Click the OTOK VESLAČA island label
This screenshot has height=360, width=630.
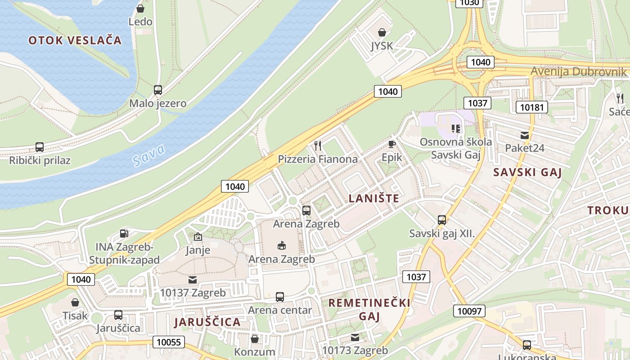pos(75,40)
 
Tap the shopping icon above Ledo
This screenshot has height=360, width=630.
pos(140,9)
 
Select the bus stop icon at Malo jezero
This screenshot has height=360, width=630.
pos(157,90)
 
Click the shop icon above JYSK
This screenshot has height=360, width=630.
pos(382,32)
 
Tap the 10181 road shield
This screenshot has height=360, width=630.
pos(531,107)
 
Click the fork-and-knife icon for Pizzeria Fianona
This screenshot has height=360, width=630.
pos(318,145)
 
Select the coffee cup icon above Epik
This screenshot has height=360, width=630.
pos(391,144)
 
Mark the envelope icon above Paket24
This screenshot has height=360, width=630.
pos(524,135)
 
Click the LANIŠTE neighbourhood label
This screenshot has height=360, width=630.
pos(374,198)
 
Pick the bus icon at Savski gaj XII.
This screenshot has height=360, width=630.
pos(442,220)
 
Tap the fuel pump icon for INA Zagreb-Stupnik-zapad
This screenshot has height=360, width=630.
pos(124,234)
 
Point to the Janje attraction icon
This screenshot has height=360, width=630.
pos(198,237)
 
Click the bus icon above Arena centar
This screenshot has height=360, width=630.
pos(280,297)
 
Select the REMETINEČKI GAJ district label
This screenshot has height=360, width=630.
pos(369,309)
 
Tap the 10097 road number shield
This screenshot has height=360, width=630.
pos(469,310)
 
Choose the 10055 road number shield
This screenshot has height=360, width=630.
pos(169,342)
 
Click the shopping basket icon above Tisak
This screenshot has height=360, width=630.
pos(75,302)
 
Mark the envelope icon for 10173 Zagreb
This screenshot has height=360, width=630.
pos(355,337)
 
